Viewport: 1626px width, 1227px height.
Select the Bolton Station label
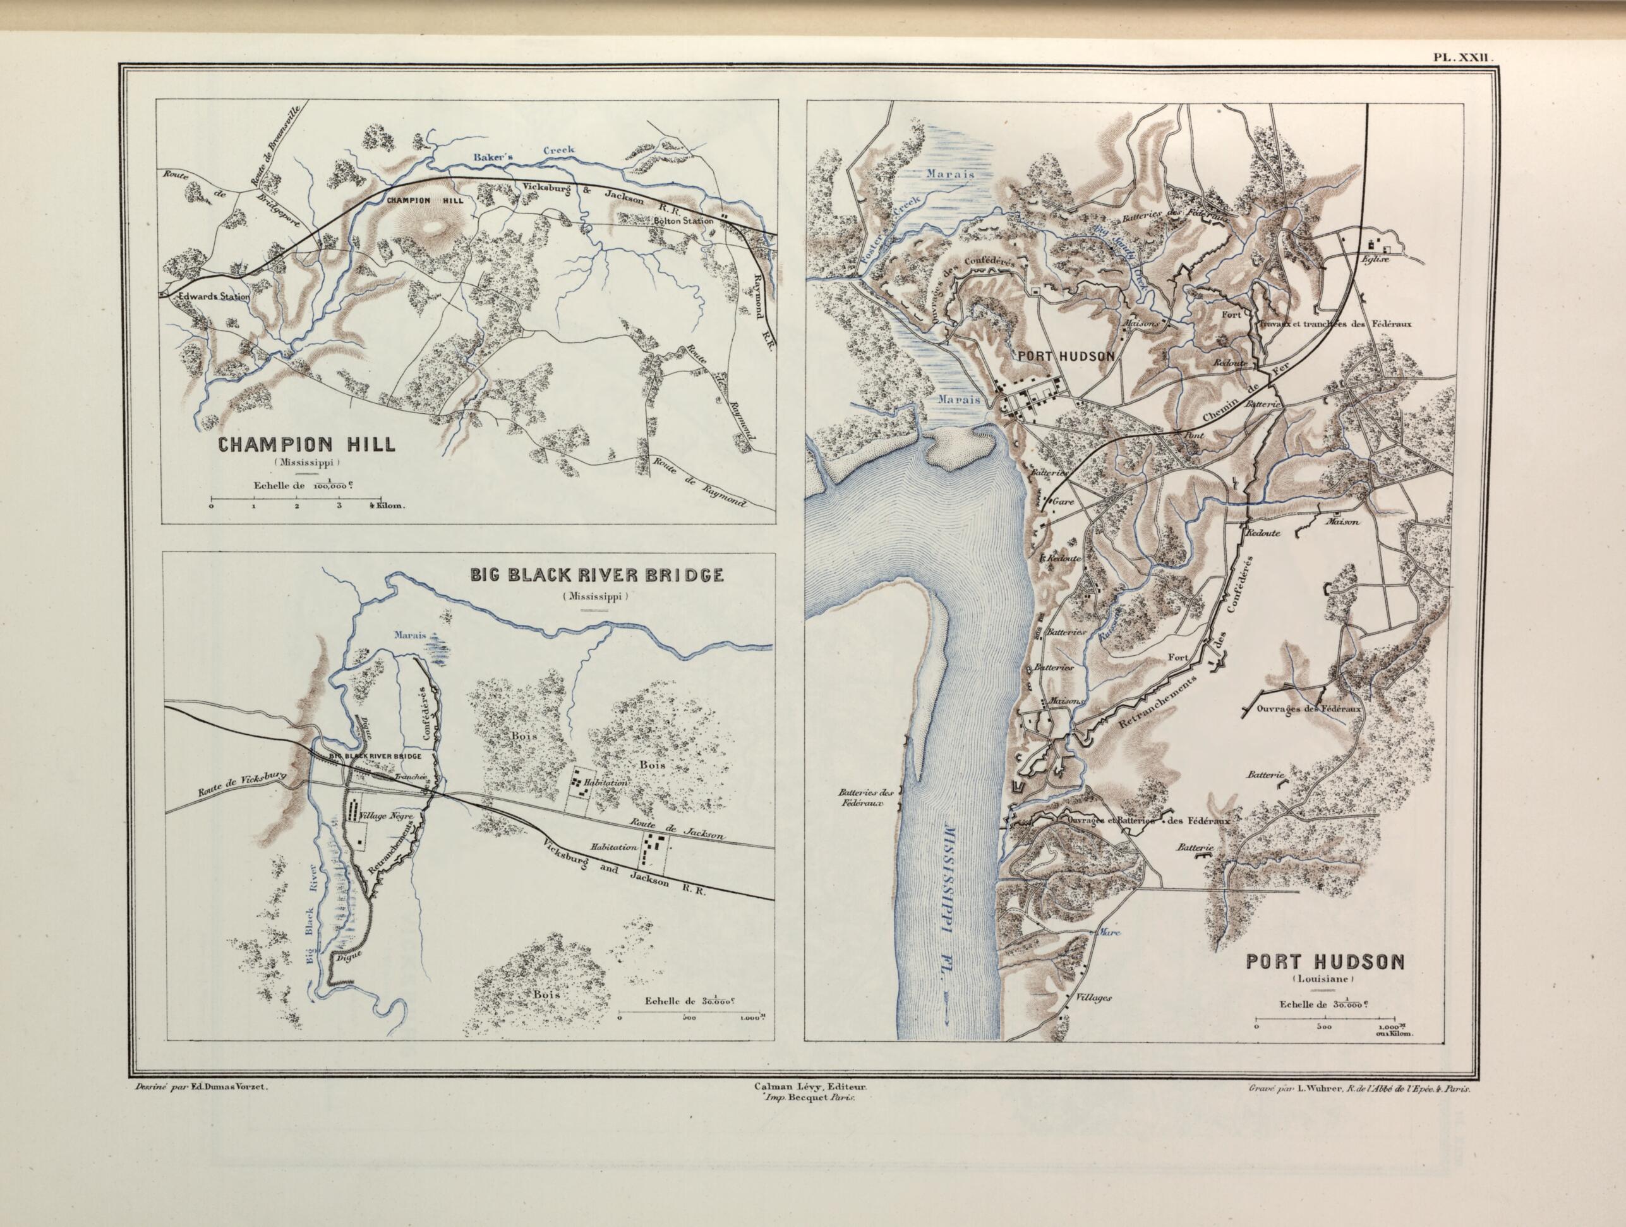(x=684, y=221)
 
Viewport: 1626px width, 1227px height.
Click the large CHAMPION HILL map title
(x=305, y=444)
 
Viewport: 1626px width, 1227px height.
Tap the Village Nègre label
(x=387, y=817)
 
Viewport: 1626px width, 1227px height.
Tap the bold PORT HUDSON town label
(x=1066, y=355)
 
